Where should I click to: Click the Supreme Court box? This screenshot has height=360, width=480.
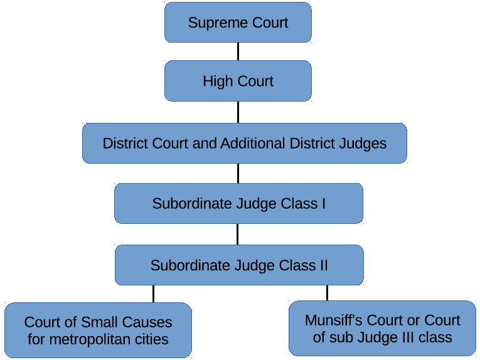click(238, 23)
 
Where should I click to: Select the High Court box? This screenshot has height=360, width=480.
click(238, 81)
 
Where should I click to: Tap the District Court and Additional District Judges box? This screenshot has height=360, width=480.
click(244, 143)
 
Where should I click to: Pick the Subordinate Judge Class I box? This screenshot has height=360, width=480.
click(238, 203)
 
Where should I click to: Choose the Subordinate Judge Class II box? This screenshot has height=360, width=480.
click(238, 265)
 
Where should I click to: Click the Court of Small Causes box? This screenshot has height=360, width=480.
click(98, 331)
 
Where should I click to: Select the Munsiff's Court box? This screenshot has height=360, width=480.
click(382, 328)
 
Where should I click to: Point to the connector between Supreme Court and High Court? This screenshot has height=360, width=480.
click(238, 51)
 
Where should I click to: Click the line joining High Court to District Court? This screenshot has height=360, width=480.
click(238, 112)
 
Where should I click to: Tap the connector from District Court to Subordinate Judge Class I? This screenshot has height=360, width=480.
click(238, 173)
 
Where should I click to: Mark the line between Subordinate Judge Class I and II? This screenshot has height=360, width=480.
click(237, 234)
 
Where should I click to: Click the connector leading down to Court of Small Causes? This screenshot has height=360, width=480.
click(153, 294)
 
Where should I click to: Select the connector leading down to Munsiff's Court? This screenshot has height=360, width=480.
click(327, 292)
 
